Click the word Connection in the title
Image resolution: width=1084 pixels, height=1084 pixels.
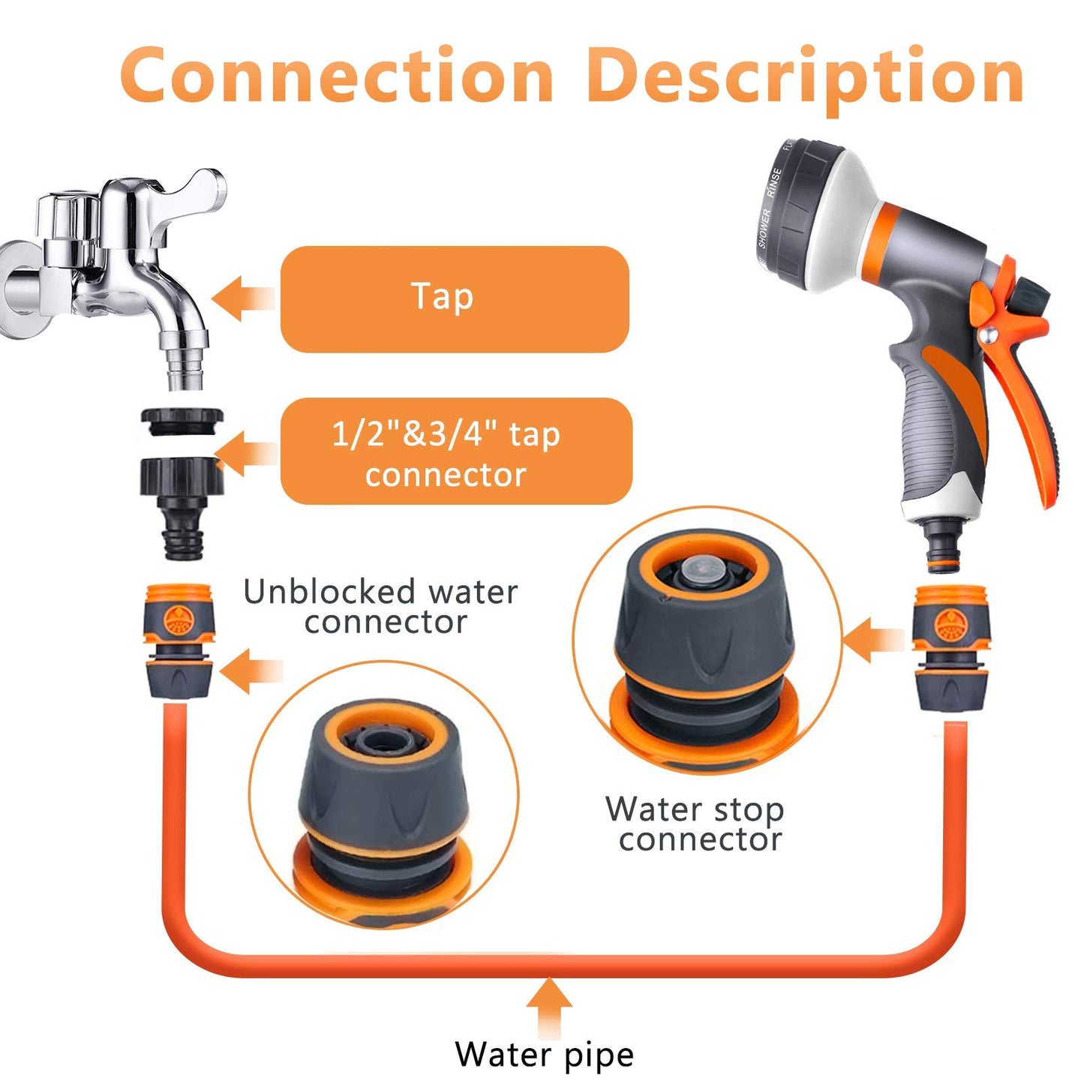pyautogui.click(x=337, y=77)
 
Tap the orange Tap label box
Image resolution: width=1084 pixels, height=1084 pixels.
pyautogui.click(x=454, y=299)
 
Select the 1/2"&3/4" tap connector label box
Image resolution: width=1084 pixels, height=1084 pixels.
pyautogui.click(x=455, y=452)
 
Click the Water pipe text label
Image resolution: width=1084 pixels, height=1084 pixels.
pyautogui.click(x=544, y=1054)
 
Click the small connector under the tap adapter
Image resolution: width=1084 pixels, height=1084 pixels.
pyautogui.click(x=179, y=641)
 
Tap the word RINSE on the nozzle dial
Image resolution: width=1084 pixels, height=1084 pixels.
pyautogui.click(x=773, y=184)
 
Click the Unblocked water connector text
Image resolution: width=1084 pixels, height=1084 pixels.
pyautogui.click(x=380, y=607)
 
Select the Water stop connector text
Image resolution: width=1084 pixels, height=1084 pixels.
pyautogui.click(x=695, y=824)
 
